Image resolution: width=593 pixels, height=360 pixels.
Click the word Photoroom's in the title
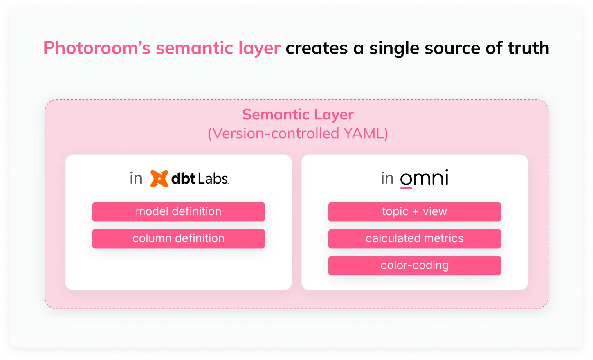point(97,48)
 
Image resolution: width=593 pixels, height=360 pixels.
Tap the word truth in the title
point(528,48)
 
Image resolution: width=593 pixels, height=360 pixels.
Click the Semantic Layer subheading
point(298,115)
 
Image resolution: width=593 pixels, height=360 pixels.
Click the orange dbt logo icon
point(159,178)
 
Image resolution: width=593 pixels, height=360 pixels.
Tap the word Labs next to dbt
point(213,178)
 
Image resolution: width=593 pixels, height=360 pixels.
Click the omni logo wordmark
point(424,178)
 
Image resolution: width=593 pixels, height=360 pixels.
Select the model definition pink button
point(178,212)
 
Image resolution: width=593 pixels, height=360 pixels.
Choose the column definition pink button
point(178,239)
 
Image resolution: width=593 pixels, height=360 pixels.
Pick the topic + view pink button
point(415,212)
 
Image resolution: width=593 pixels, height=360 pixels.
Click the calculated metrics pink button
point(415,239)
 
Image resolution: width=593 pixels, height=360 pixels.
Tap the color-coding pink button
point(415,265)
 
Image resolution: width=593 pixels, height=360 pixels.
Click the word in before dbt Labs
point(136,178)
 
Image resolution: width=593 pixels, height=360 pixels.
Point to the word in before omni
point(387,178)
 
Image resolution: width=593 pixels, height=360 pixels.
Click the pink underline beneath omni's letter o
point(406,188)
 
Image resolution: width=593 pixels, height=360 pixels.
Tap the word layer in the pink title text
point(259,49)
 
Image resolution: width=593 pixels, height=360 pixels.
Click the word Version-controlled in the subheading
point(276,133)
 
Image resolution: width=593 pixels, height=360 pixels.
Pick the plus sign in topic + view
point(416,212)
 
